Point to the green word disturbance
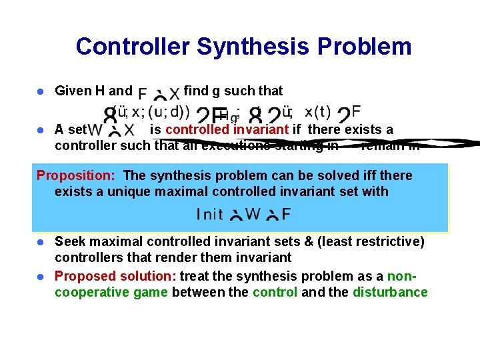tap(390, 292)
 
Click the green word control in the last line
tap(275, 292)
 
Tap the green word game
tap(151, 292)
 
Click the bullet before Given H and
tap(41, 91)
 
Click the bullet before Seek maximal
tap(41, 242)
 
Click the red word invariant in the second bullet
tap(261, 129)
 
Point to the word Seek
tap(69, 241)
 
